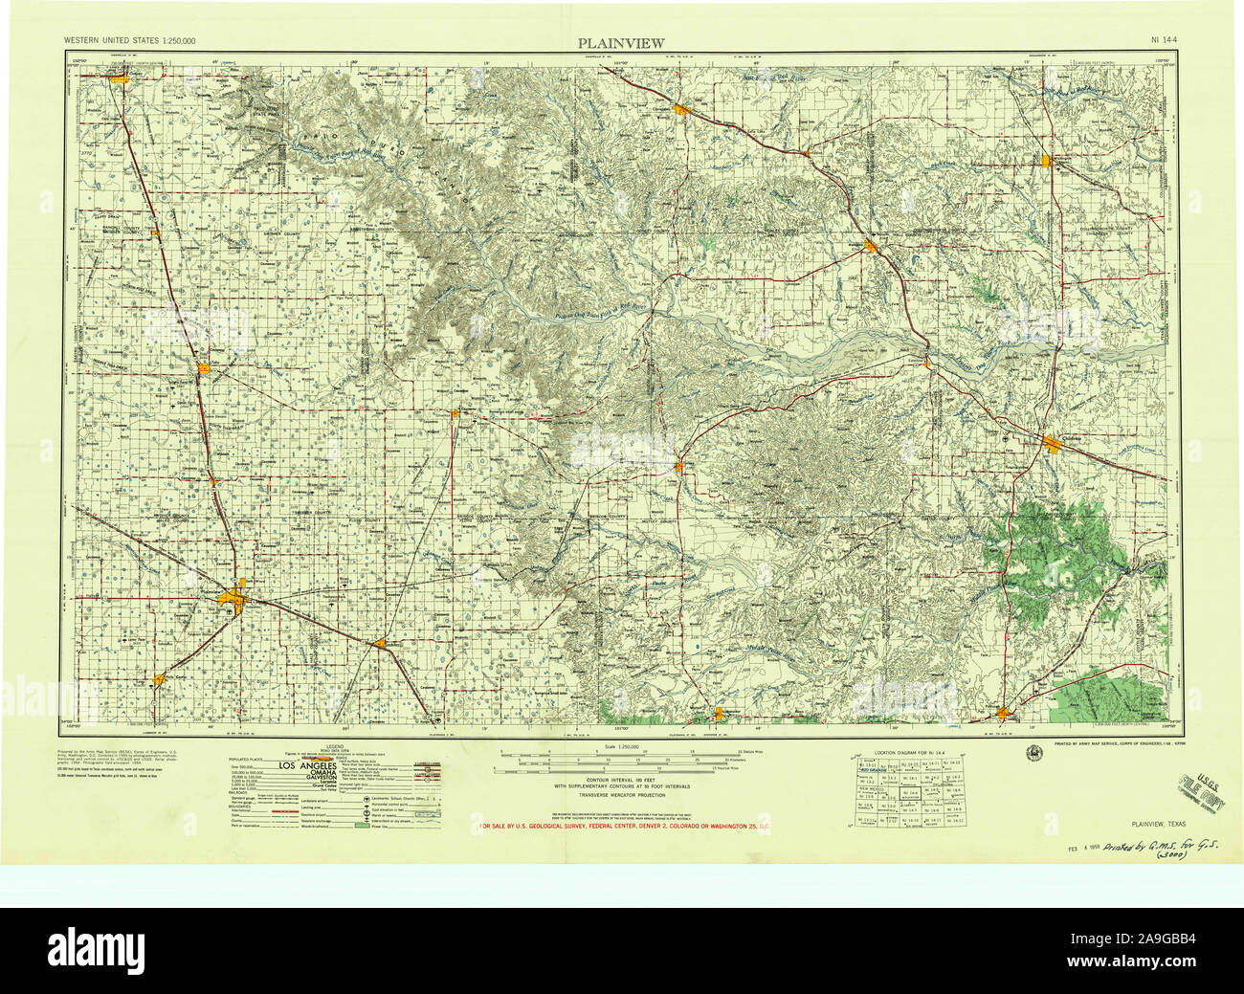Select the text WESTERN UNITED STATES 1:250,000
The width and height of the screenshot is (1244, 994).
click(x=129, y=42)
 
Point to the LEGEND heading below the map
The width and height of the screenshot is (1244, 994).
click(x=335, y=745)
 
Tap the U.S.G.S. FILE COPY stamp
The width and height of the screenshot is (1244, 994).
click(x=1203, y=765)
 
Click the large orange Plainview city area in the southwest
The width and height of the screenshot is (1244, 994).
click(x=235, y=600)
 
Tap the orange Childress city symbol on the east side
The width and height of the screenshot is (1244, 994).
click(x=1053, y=442)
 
